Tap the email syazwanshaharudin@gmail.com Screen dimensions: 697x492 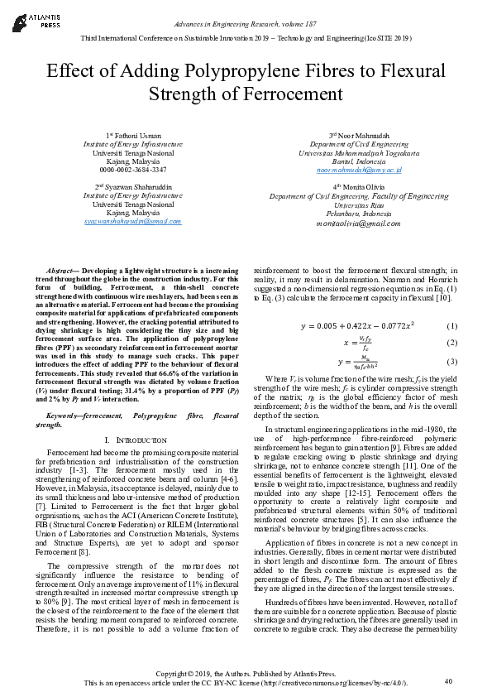[x=133, y=221]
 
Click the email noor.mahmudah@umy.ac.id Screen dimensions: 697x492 [x=359, y=170]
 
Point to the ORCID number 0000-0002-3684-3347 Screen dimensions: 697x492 [x=133, y=169]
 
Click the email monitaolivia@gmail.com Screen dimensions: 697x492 [x=358, y=224]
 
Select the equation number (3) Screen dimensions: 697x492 [x=451, y=361]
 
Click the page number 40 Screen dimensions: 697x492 [x=448, y=680]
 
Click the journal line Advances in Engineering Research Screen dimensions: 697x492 [x=246, y=26]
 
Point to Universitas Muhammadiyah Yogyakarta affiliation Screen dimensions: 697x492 [x=359, y=152]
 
